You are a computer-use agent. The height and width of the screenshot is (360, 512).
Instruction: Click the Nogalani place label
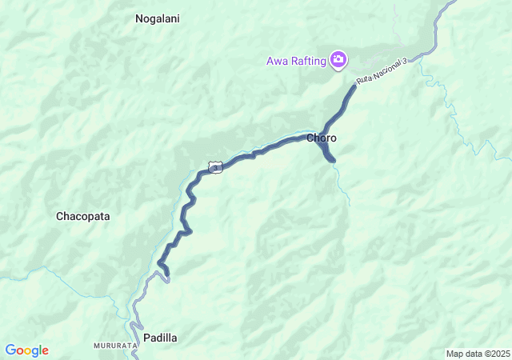(x=157, y=18)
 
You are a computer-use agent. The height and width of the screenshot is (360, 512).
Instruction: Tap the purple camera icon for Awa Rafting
(x=339, y=59)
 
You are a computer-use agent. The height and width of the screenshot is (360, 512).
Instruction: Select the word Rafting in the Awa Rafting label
(x=308, y=60)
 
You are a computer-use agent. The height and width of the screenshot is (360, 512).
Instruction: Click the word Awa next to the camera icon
(x=277, y=60)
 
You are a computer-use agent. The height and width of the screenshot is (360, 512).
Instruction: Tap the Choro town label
(x=322, y=138)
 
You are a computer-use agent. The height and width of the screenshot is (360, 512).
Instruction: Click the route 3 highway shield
(x=214, y=166)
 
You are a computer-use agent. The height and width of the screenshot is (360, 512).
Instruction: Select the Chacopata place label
(x=82, y=216)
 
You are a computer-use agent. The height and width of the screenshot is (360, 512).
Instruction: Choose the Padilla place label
(x=160, y=338)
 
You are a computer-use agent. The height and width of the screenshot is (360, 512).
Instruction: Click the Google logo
(x=27, y=350)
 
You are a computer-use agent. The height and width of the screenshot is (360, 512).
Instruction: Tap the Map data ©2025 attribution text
(x=477, y=354)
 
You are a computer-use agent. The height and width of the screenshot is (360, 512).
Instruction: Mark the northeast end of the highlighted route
(x=354, y=86)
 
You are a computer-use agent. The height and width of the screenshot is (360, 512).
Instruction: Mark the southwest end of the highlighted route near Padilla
(x=168, y=278)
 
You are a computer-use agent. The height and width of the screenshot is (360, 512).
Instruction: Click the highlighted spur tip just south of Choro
(x=333, y=161)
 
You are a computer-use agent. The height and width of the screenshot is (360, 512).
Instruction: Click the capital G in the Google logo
(x=10, y=350)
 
